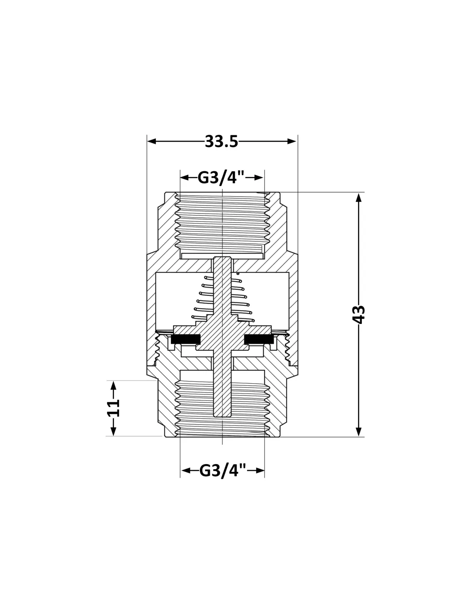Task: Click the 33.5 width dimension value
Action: tap(221, 141)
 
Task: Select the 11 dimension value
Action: tap(113, 408)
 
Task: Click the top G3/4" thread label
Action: tap(221, 177)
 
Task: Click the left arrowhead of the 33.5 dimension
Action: tap(152, 141)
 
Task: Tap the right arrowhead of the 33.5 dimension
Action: tap(292, 141)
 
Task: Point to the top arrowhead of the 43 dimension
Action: tap(358, 198)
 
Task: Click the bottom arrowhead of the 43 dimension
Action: tap(358, 432)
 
